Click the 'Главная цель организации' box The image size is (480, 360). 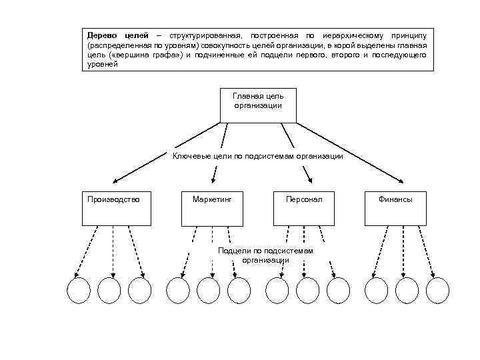point(258,105)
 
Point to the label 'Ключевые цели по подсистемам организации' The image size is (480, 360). point(258,156)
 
